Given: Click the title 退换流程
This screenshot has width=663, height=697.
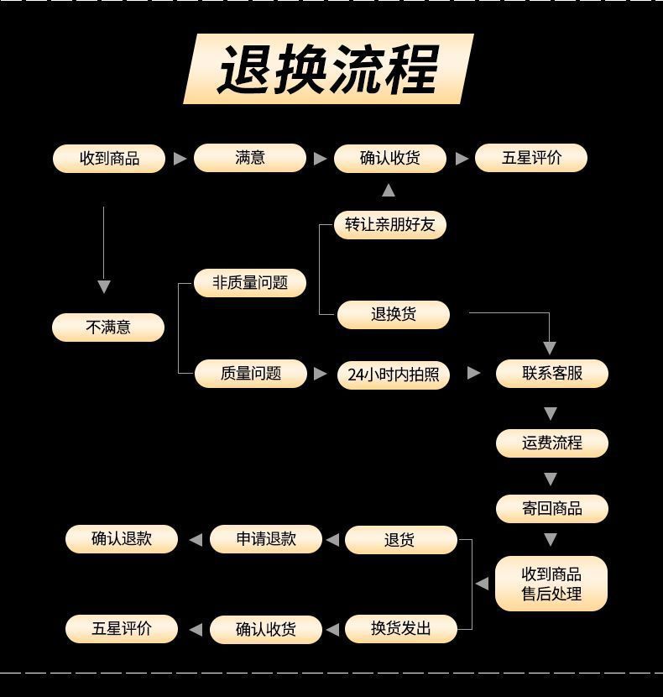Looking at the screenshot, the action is click(328, 69).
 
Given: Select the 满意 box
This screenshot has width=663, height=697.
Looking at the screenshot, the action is click(250, 158).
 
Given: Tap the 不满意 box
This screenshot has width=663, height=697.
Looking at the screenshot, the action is click(108, 327).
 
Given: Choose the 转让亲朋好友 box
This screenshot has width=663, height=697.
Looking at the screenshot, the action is click(390, 225).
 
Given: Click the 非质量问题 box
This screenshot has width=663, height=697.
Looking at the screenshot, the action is click(250, 283).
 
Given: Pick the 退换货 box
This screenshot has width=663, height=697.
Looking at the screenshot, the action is click(394, 315).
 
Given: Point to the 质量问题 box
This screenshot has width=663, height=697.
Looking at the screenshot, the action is click(251, 374).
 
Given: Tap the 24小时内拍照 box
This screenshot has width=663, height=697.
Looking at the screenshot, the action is click(394, 375).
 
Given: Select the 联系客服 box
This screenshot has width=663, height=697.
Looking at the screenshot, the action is click(551, 374).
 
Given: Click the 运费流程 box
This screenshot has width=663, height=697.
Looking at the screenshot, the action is click(551, 443).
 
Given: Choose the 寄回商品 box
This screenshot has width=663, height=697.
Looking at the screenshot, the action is click(551, 509).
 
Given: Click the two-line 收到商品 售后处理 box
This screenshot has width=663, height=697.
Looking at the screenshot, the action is click(551, 584).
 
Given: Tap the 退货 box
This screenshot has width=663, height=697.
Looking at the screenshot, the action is click(400, 540).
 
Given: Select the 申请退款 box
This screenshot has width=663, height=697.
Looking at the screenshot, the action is click(266, 539).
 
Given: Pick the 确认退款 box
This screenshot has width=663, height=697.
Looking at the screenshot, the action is click(122, 539).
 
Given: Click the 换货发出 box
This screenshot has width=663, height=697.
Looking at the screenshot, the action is click(400, 628).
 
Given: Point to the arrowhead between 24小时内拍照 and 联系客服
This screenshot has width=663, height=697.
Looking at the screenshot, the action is click(473, 373).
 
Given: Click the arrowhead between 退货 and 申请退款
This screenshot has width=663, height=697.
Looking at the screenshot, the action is click(332, 540).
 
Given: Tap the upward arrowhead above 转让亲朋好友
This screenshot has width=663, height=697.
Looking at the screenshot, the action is click(388, 191).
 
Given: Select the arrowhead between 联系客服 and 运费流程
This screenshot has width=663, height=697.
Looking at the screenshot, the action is click(551, 413).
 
